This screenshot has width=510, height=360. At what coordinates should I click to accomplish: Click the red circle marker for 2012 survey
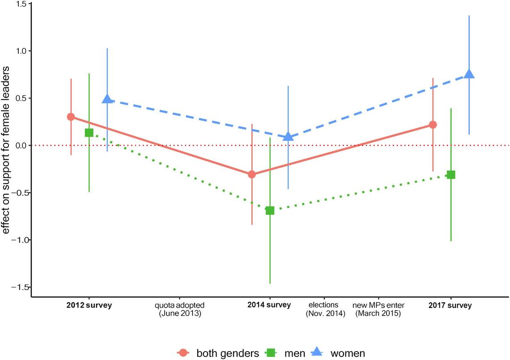(x=71, y=117)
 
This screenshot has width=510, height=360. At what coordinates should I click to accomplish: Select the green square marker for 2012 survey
(x=89, y=133)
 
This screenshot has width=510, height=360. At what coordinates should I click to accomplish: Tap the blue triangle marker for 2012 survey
(x=107, y=99)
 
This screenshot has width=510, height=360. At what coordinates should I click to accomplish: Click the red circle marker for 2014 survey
(x=252, y=174)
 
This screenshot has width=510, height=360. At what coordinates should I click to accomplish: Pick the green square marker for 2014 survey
(x=270, y=210)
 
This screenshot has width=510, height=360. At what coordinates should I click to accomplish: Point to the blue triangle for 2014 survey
(x=289, y=136)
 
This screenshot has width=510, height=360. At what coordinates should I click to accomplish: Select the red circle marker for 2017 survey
(x=433, y=124)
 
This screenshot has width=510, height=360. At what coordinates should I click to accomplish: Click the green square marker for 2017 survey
(x=451, y=175)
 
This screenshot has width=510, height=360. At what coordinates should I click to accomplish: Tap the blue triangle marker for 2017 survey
(x=469, y=74)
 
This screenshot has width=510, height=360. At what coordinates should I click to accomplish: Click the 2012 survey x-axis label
(x=89, y=306)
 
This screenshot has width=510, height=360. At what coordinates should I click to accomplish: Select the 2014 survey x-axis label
(x=269, y=305)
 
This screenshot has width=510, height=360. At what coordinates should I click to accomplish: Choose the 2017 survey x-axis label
(x=450, y=306)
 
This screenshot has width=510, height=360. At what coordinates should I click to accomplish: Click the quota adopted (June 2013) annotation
(x=180, y=309)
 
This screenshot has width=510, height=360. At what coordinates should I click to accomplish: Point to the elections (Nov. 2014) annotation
(x=326, y=309)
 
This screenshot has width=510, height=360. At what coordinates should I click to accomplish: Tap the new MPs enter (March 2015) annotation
(x=378, y=309)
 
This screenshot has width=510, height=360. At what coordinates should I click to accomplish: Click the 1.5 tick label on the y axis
(x=21, y=4)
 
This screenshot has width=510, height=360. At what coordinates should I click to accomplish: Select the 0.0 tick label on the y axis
(x=21, y=146)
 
